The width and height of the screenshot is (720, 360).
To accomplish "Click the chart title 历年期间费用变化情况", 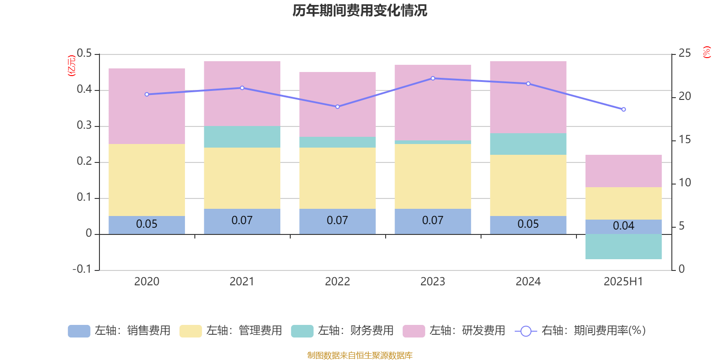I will (360, 10).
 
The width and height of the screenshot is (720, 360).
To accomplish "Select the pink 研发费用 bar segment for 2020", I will (147, 106).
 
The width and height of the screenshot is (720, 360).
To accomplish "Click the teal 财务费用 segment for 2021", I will (242, 137).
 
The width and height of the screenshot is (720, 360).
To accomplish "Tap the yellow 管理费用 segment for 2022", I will (337, 178).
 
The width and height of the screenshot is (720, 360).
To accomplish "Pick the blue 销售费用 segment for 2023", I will (433, 221).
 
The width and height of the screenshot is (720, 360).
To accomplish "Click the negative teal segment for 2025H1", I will (624, 247).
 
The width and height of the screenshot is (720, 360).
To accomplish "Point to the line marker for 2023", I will (433, 78).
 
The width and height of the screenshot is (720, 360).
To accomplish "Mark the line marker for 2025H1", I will (624, 109).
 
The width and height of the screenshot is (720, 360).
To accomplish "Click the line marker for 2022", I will (337, 107).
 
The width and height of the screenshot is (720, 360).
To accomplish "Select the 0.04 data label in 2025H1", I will (624, 226).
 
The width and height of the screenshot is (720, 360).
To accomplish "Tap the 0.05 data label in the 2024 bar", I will (528, 224).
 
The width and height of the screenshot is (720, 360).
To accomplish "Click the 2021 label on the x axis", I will (242, 282).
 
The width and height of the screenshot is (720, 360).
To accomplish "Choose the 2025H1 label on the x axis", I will (623, 282).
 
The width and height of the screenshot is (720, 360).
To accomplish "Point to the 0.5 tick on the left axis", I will (84, 54).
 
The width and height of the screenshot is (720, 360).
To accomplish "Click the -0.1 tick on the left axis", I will (82, 269).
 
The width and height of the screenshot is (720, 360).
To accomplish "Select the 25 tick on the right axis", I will (684, 54).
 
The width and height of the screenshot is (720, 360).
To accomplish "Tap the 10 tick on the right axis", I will (684, 183).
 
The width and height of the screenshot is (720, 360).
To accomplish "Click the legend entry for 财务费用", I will (343, 331).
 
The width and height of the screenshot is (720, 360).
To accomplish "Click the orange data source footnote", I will (360, 355).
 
